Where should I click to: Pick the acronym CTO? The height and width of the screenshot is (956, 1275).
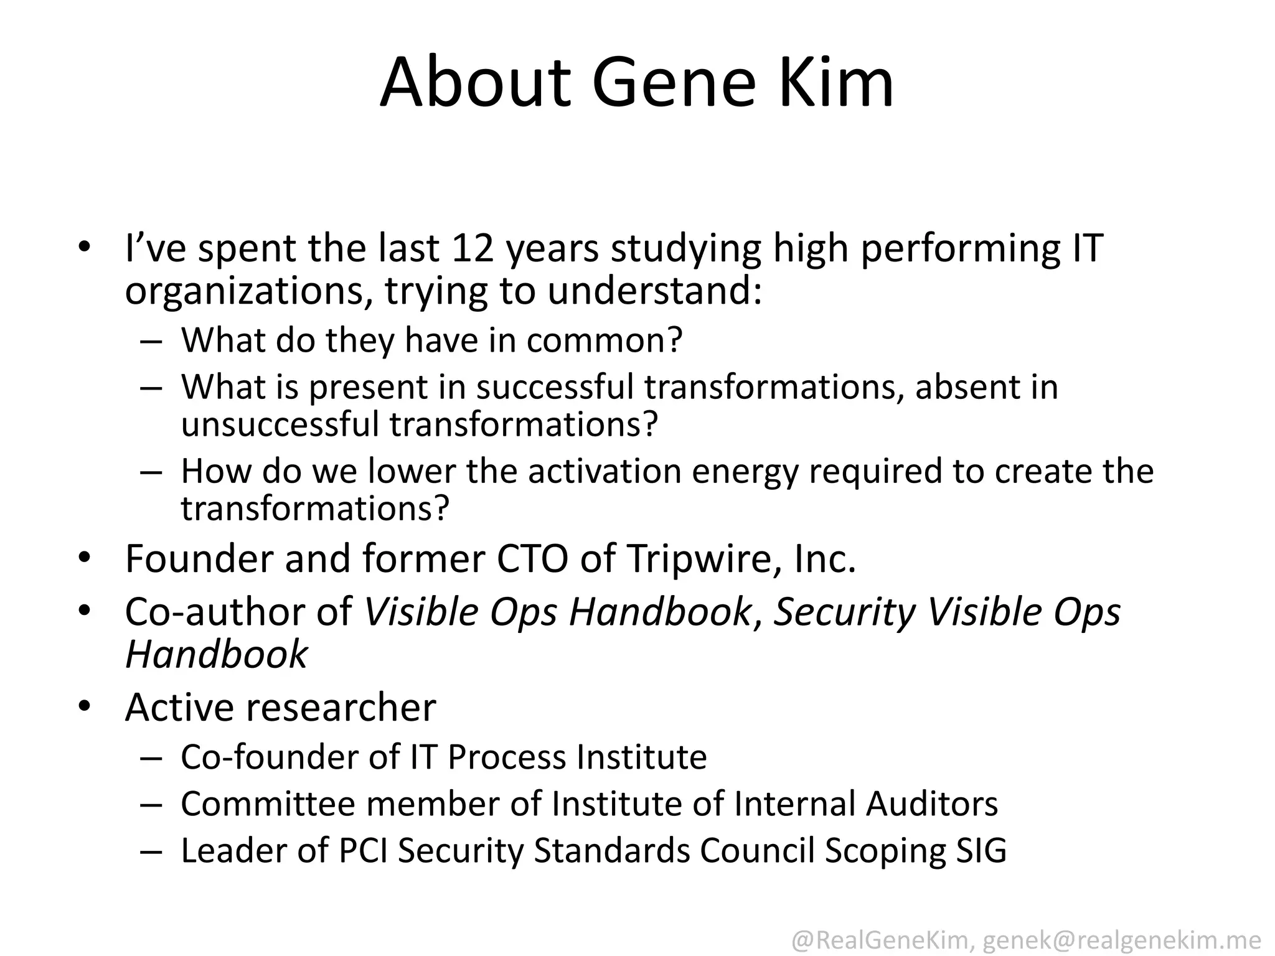(x=532, y=558)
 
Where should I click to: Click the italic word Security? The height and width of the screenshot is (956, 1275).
(x=844, y=612)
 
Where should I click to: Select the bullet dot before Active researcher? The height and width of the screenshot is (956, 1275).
(x=85, y=706)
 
